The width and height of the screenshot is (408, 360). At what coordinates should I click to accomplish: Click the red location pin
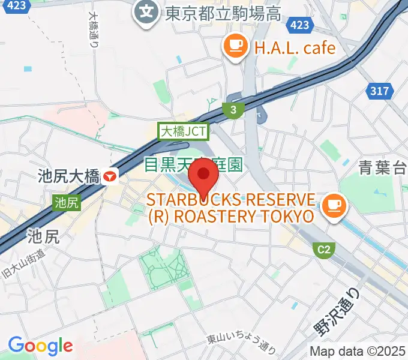click(x=203, y=176)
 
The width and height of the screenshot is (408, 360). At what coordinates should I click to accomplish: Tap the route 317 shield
click(x=379, y=91)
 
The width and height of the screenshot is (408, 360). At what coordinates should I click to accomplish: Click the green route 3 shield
click(x=232, y=109)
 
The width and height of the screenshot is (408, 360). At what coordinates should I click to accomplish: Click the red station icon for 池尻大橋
click(x=110, y=176)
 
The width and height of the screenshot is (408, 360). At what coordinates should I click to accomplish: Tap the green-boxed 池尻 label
click(x=66, y=203)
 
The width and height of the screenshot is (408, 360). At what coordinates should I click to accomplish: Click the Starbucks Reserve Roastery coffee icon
click(x=332, y=206)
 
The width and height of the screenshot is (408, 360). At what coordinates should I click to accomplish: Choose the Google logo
click(x=40, y=345)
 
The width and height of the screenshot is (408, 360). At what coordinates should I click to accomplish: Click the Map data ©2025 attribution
click(x=358, y=351)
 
